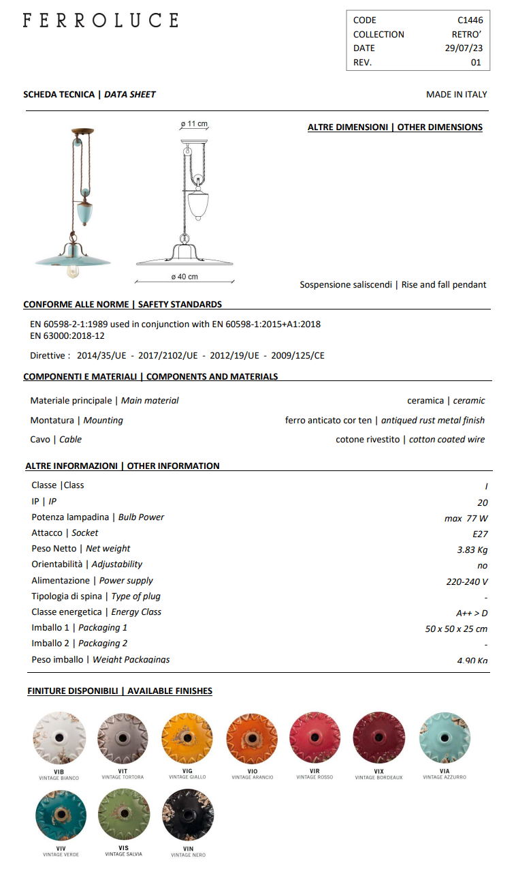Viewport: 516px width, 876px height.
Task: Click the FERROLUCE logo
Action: (100, 20)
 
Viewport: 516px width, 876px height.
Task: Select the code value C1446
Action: (470, 20)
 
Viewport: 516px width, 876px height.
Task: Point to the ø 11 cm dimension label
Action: (194, 124)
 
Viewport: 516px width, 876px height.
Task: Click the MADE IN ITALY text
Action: (456, 95)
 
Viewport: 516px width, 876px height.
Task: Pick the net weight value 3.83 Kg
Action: (472, 550)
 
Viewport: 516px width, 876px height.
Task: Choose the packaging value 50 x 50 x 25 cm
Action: (456, 629)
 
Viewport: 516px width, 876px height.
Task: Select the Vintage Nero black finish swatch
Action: (188, 816)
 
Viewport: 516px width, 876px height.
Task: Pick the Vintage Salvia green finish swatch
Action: (124, 815)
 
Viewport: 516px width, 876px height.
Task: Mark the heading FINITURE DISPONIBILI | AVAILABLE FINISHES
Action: (120, 691)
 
